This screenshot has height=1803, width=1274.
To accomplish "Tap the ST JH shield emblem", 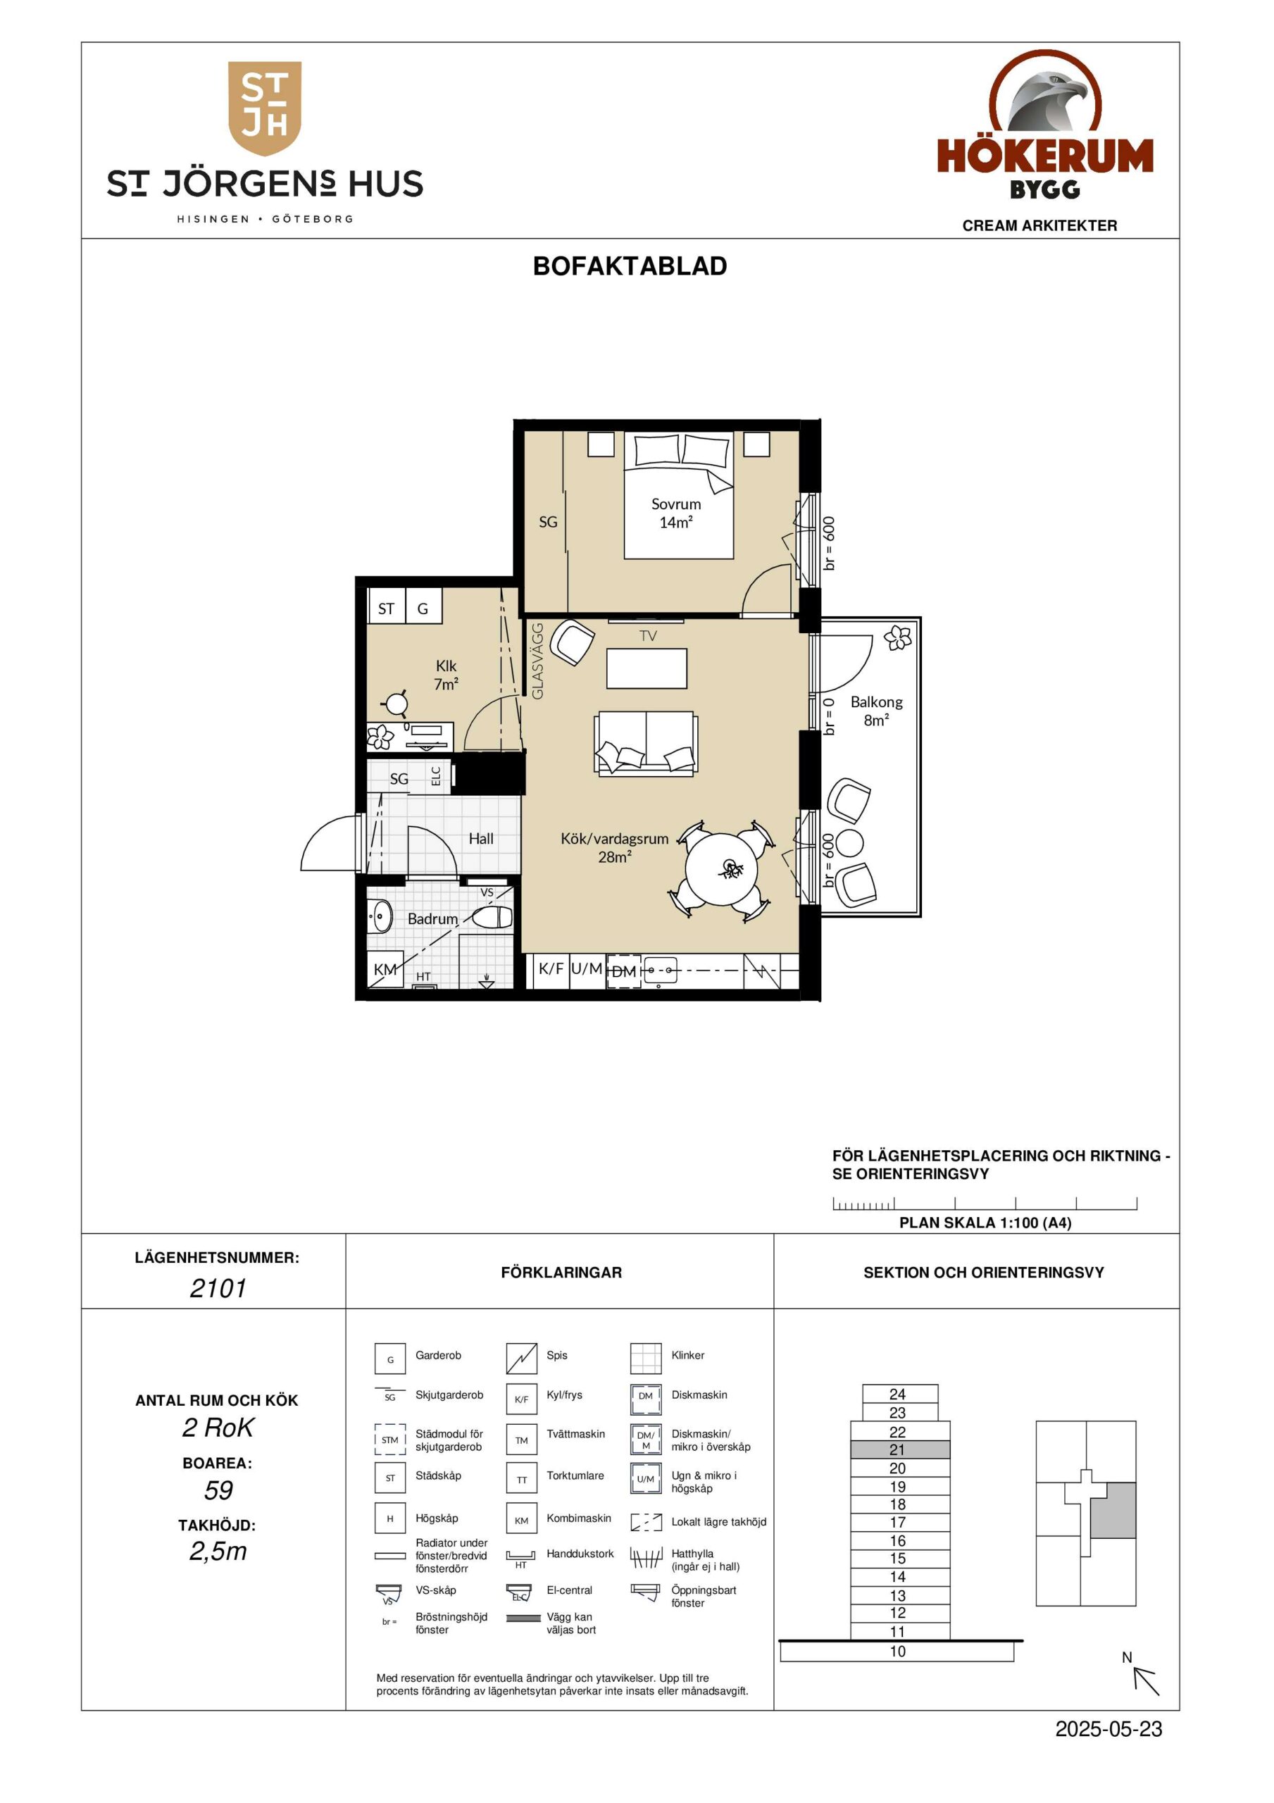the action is (x=265, y=108).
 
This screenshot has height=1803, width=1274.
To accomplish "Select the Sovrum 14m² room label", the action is (x=675, y=513).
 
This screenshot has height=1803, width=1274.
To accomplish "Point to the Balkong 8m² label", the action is (x=877, y=711).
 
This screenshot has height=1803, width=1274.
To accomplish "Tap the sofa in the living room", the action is (x=647, y=744).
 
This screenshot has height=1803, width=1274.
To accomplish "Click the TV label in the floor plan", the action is (x=648, y=636).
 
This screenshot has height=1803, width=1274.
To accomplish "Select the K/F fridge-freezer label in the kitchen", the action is (x=551, y=969).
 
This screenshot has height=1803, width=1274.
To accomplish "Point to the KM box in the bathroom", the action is (x=385, y=969).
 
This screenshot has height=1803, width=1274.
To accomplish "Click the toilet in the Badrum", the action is (x=492, y=916).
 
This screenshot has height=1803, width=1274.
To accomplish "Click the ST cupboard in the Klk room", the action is (x=386, y=609).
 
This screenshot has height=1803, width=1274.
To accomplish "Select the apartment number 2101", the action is (x=218, y=1289).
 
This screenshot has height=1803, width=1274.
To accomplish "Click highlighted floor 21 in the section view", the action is (x=900, y=1449).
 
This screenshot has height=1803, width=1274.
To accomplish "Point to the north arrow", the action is (x=1146, y=1681).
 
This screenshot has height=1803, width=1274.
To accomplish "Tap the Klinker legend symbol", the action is (x=647, y=1359).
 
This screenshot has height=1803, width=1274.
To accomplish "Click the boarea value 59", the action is (x=218, y=1491).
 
